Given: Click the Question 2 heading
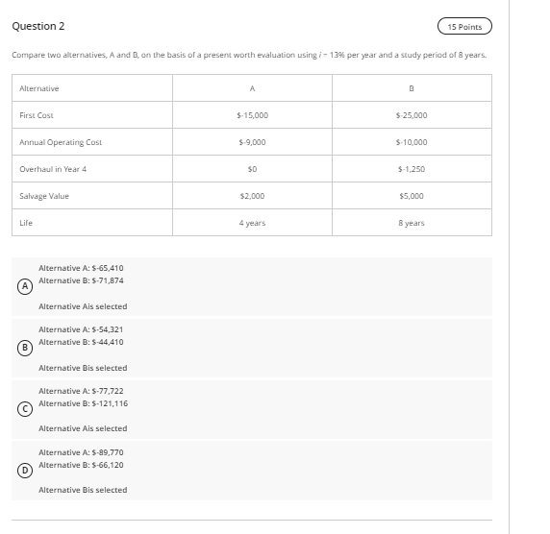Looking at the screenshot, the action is pyautogui.click(x=38, y=26).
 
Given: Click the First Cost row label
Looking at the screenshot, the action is pyautogui.click(x=37, y=115).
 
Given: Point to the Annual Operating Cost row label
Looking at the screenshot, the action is pyautogui.click(x=61, y=142).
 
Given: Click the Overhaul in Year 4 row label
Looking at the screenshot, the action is pyautogui.click(x=53, y=169).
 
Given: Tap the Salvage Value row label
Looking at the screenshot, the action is pyautogui.click(x=44, y=196).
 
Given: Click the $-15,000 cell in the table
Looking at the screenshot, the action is pyautogui.click(x=252, y=115).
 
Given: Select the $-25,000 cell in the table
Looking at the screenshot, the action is pyautogui.click(x=412, y=115).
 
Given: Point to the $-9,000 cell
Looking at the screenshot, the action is pyautogui.click(x=252, y=142).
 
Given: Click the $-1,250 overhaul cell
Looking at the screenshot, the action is pyautogui.click(x=412, y=169).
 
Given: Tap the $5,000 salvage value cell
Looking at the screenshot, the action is pyautogui.click(x=412, y=196).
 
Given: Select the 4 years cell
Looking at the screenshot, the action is pyautogui.click(x=252, y=223).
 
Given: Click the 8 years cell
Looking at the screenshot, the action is pyautogui.click(x=412, y=223).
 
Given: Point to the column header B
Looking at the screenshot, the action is pyautogui.click(x=412, y=88).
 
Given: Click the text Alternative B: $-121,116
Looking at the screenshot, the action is pyautogui.click(x=83, y=403).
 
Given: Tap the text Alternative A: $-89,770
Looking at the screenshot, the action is pyautogui.click(x=81, y=452).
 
